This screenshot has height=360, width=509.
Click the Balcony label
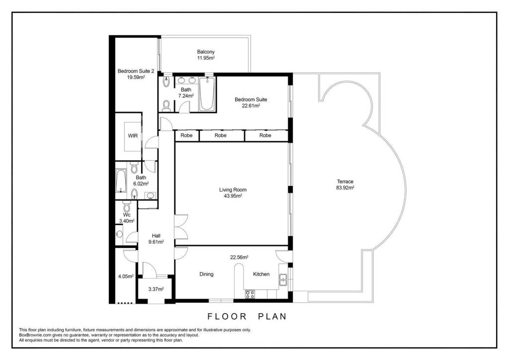(206, 52)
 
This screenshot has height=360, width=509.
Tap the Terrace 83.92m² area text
(345, 187)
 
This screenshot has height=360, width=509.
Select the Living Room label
(233, 189)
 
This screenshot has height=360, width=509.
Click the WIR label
(133, 136)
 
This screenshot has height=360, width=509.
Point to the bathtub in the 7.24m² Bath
(207, 94)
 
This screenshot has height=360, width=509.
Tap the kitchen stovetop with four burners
(250, 294)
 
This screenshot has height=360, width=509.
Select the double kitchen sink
(283, 279)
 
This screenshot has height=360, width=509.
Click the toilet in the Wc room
(127, 206)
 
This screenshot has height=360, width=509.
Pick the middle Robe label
(220, 135)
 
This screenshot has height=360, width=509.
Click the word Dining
(206, 274)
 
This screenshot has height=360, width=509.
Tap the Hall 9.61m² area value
(156, 242)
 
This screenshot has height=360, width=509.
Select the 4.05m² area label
(126, 276)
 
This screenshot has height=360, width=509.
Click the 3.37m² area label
(156, 289)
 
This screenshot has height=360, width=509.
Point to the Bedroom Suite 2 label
(136, 71)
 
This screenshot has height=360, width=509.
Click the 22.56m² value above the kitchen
(239, 258)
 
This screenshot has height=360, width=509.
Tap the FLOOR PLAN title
(248, 316)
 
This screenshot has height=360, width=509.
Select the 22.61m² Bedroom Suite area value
(251, 105)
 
